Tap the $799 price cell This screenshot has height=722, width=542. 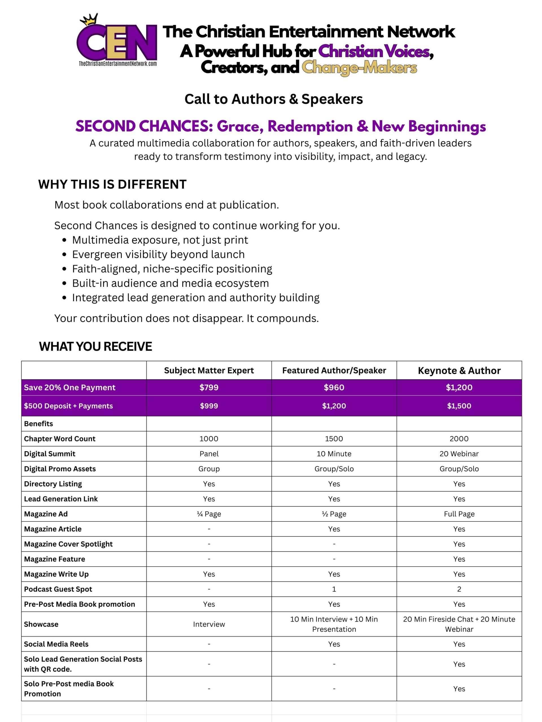coord(209,388)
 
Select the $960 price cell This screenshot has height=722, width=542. coord(334,388)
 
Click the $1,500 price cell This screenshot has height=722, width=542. coord(459,406)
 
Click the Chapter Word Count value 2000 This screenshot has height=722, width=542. coord(459,439)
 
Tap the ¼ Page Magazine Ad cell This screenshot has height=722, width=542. coord(209,514)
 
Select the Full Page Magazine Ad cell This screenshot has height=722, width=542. coord(459,514)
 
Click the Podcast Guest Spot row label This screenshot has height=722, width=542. coord(58,589)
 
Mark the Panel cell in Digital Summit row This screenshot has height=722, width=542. coord(209,454)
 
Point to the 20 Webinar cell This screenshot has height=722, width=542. coord(459,454)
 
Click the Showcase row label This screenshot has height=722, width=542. coord(41,624)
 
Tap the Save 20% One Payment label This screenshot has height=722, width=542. coord(70,388)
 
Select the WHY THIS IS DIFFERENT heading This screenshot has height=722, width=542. coord(112,184)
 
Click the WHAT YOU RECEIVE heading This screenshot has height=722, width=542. coord(95,346)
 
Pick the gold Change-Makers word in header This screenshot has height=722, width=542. coord(359,68)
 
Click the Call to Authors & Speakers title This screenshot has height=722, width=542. coord(274,99)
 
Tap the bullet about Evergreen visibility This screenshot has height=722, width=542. coord(158,254)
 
